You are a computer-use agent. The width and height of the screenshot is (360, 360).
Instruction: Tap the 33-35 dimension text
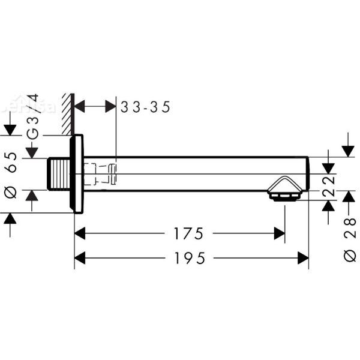coord(146,107)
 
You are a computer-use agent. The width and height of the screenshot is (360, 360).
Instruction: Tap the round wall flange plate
coord(77,174)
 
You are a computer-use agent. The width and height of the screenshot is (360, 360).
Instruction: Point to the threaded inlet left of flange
coord(58,174)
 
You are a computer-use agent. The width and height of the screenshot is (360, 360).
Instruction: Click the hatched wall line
coord(67,114)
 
